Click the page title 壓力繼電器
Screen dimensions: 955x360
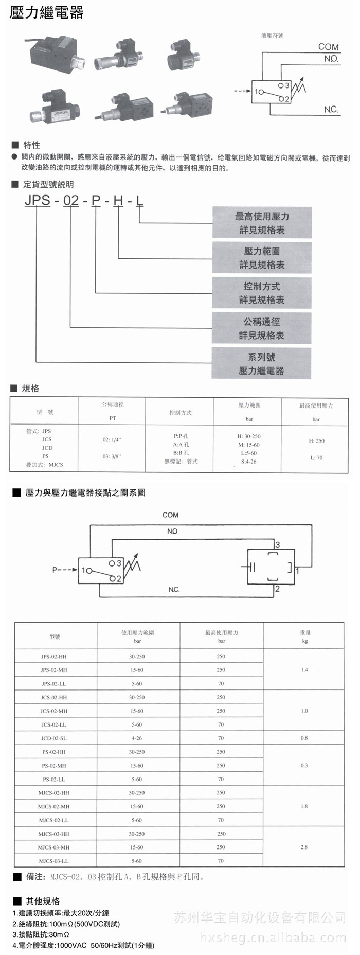click(x=46, y=13)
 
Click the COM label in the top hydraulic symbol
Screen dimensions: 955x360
click(x=328, y=47)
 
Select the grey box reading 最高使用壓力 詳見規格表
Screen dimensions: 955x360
click(x=262, y=223)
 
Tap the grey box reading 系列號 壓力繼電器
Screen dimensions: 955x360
click(x=262, y=363)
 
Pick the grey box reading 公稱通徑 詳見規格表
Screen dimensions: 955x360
click(x=262, y=328)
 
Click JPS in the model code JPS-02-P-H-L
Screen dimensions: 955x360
click(x=38, y=200)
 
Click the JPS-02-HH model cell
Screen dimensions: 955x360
click(x=54, y=657)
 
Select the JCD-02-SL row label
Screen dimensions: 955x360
click(x=54, y=738)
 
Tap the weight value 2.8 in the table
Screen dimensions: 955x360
click(x=304, y=847)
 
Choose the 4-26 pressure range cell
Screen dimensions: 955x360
click(x=137, y=738)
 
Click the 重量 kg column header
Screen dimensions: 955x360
click(x=305, y=636)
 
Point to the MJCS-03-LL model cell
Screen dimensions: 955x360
click(x=53, y=861)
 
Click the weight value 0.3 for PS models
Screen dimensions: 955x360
click(x=304, y=766)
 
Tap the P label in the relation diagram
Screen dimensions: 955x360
click(x=55, y=570)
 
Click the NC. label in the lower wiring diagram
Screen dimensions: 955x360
click(x=174, y=589)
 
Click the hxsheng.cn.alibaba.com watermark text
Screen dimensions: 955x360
click(x=273, y=938)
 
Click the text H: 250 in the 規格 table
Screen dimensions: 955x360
click(x=316, y=441)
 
